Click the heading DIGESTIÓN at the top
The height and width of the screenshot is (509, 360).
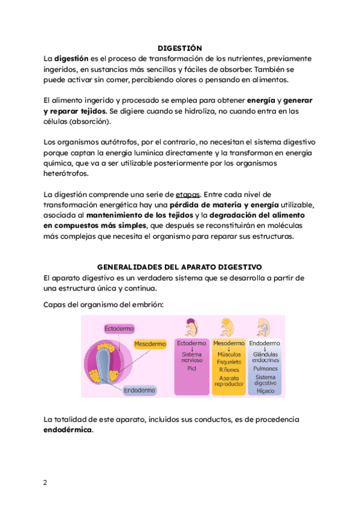(x=179, y=48)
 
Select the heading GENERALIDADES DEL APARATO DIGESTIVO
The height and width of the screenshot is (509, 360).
(x=179, y=267)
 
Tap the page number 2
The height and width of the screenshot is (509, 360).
(x=45, y=483)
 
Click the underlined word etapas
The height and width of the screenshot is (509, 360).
(x=188, y=194)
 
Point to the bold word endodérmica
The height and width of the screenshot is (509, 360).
(x=68, y=430)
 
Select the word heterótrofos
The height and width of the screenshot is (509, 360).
(x=66, y=174)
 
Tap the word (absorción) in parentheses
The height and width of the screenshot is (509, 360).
(x=91, y=121)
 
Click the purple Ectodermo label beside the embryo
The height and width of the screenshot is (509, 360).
(x=119, y=329)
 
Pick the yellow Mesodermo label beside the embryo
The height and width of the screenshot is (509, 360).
(x=150, y=344)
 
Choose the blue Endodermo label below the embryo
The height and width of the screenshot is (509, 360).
(x=139, y=390)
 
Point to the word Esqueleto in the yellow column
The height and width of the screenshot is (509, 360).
(x=229, y=362)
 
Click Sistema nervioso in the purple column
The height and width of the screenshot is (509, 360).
(x=192, y=358)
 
